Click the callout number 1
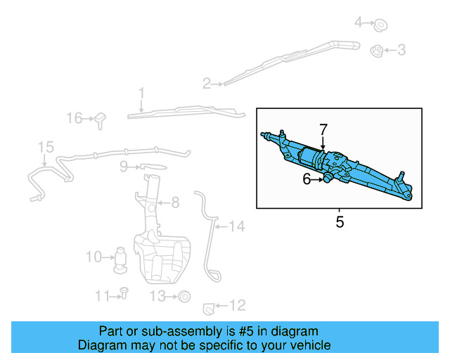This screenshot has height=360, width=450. coord(141,93)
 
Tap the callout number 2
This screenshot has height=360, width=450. coord(207,84)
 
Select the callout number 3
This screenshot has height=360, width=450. coord(401,50)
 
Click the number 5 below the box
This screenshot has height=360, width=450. coord(340,223)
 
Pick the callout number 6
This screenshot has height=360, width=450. coord(307,180)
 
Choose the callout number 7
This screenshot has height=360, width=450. coord(323,129)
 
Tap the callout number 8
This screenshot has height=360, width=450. coord(174,202)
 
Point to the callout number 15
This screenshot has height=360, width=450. coord(45,147)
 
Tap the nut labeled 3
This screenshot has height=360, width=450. coord(376,51)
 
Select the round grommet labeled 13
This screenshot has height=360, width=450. coord(184,297)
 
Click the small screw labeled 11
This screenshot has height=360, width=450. coord(123,292)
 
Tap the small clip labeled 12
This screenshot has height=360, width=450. coord(209,307)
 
